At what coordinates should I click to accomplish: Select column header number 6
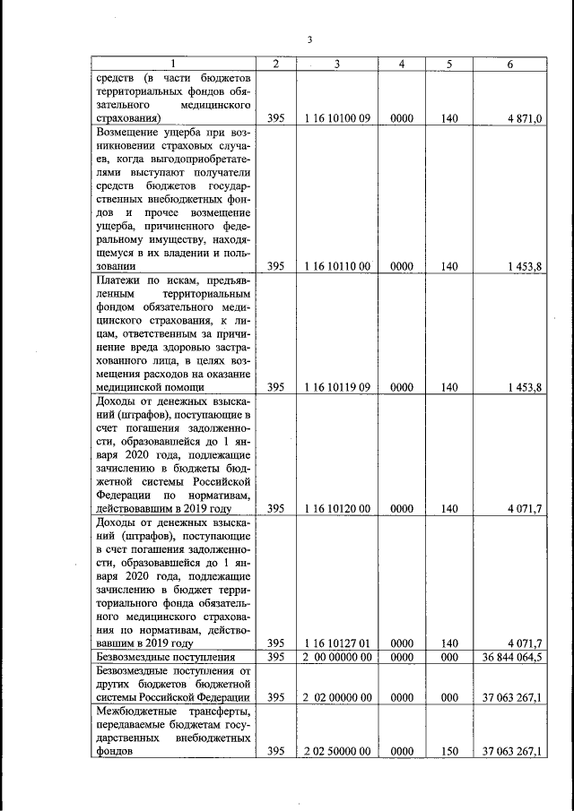coord(510,64)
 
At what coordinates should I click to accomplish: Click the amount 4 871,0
coord(525,117)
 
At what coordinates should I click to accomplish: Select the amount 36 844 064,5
coord(512,658)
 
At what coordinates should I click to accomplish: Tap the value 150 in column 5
coord(449,753)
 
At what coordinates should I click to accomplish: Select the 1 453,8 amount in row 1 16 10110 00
coord(523,266)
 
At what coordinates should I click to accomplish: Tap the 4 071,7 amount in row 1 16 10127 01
coord(524,643)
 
